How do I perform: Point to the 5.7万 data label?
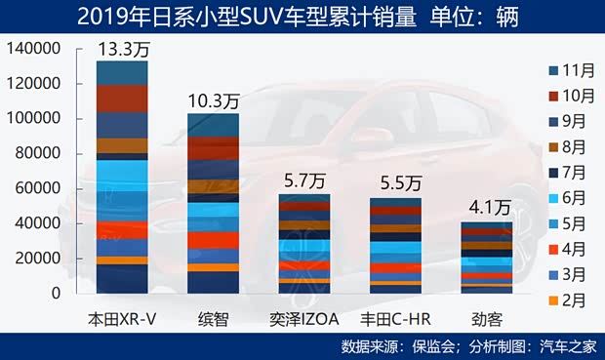tap(303, 180)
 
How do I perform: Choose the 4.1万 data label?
tap(490, 207)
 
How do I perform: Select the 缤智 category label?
tap(212, 319)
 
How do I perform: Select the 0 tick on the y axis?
tap(56, 293)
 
